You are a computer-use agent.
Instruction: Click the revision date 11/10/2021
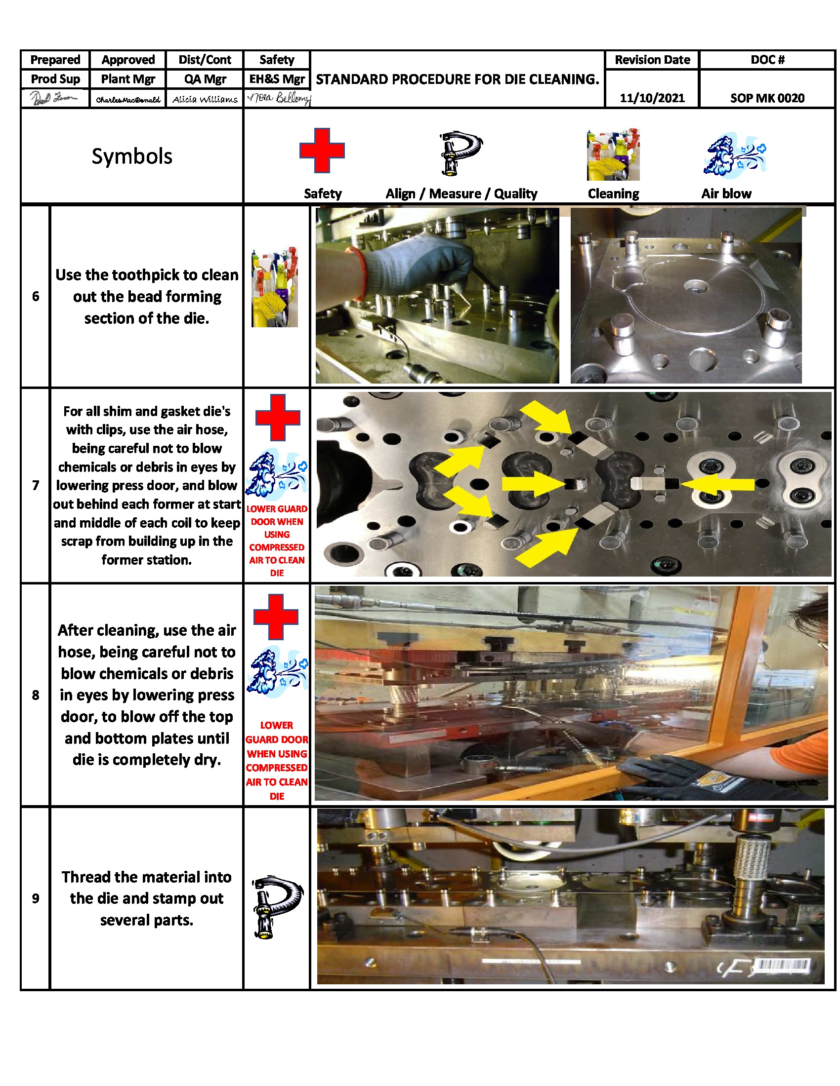point(651,98)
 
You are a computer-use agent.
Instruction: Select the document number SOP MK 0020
point(766,98)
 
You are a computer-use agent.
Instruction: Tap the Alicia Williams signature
point(205,99)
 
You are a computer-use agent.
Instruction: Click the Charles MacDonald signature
point(128,99)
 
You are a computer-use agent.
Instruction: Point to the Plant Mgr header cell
point(128,79)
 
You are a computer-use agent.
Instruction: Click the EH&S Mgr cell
point(277,79)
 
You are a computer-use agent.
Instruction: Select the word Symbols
point(132,156)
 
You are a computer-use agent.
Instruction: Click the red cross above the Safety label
point(322,150)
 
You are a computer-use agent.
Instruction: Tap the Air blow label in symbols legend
point(725,194)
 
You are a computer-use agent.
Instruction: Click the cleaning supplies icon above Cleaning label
point(613,155)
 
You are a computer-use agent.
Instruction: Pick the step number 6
point(36,296)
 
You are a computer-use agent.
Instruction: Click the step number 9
point(36,898)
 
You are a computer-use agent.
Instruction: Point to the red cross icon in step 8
point(276,617)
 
